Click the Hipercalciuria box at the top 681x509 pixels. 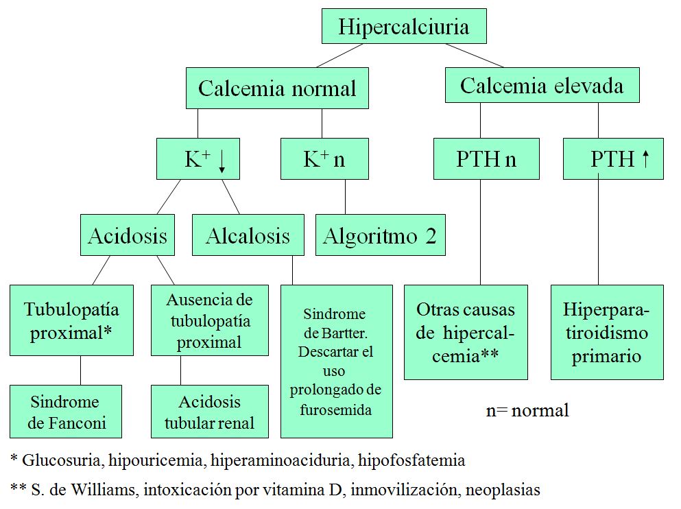(404, 27)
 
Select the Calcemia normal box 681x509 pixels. (277, 88)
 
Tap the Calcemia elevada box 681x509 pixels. (542, 86)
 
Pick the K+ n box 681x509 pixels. (324, 159)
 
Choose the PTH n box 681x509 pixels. (486, 159)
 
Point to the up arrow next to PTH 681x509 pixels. (645, 159)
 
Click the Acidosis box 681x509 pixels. (128, 235)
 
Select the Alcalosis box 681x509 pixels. (248, 236)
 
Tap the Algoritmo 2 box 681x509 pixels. (380, 235)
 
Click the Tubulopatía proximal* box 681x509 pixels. (71, 320)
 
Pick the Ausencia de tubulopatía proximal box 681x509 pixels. (209, 320)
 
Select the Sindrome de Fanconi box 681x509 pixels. (66, 412)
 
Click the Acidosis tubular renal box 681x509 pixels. (209, 412)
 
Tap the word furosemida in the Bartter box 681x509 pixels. (335, 410)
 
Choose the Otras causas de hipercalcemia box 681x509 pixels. (466, 332)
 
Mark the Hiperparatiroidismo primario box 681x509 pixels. (607, 332)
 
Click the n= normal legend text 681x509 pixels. (527, 411)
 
